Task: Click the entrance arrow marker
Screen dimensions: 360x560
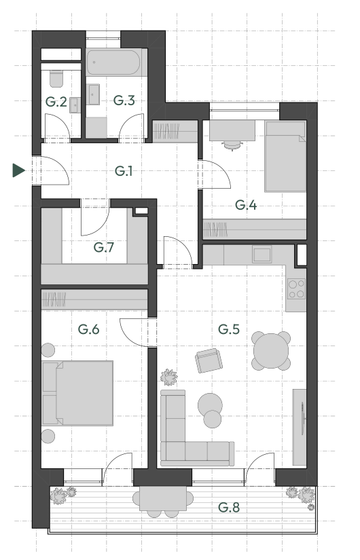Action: pyautogui.click(x=18, y=170)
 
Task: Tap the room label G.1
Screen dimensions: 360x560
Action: pyautogui.click(x=124, y=171)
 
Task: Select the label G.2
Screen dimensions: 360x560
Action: pyautogui.click(x=56, y=102)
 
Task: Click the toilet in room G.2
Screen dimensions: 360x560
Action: pyautogui.click(x=56, y=79)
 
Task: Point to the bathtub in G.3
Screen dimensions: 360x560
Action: pyautogui.click(x=113, y=62)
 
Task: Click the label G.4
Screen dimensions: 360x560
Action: pyautogui.click(x=246, y=205)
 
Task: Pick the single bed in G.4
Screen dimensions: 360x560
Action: pyautogui.click(x=285, y=156)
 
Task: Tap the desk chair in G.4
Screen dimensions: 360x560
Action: pyautogui.click(x=232, y=145)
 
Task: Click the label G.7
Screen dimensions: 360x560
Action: pyautogui.click(x=104, y=247)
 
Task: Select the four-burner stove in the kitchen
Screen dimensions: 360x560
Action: pyautogui.click(x=296, y=289)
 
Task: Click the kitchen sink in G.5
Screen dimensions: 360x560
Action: pyautogui.click(x=262, y=255)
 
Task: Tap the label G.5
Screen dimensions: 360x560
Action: pyautogui.click(x=229, y=329)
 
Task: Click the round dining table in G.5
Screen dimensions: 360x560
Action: pyautogui.click(x=271, y=351)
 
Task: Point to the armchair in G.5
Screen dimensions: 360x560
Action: pyautogui.click(x=209, y=360)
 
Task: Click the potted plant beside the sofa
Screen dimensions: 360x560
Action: pyautogui.click(x=169, y=377)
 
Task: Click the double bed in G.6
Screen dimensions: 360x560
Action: pyautogui.click(x=77, y=393)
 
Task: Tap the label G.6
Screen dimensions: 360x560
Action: pyautogui.click(x=89, y=329)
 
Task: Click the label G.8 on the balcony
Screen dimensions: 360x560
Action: pyautogui.click(x=229, y=507)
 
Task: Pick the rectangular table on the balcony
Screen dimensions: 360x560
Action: pyautogui.click(x=162, y=499)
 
